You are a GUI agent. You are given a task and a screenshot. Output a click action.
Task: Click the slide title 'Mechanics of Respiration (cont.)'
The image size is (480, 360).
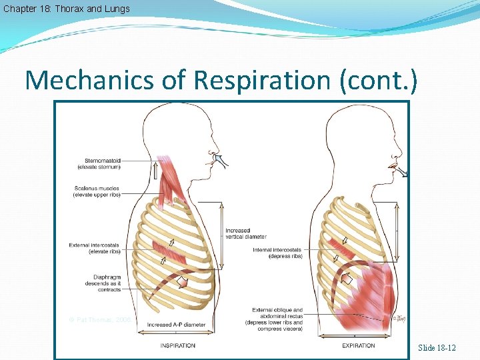221,80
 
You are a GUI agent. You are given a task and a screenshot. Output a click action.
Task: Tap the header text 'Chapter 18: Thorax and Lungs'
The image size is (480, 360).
66,9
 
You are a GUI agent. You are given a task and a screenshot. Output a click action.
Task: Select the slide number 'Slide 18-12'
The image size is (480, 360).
437,348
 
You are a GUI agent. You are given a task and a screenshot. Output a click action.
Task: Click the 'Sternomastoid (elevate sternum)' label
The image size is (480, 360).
102,163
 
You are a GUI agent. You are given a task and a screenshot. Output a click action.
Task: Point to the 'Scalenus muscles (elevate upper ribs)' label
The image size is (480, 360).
97,192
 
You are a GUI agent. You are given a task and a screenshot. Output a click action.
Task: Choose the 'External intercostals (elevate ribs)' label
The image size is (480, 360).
94,248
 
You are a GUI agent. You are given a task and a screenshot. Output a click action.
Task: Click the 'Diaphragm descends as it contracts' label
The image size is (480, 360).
103,283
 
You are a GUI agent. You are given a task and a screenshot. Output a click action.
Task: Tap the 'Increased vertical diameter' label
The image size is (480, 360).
245,233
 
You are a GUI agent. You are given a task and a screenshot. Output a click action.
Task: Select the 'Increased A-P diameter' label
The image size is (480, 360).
176,325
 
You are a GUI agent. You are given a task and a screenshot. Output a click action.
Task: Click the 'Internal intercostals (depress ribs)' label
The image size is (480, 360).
279,253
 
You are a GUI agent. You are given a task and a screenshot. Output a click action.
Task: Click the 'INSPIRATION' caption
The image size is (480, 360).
177,345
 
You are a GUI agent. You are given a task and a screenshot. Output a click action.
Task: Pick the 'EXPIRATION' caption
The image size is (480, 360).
358,345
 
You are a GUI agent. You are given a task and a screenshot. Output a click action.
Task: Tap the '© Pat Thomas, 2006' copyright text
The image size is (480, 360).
100,320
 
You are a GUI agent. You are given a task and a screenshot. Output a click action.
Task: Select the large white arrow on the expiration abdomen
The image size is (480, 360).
346,279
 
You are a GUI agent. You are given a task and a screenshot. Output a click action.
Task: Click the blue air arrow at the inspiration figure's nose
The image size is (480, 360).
217,160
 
